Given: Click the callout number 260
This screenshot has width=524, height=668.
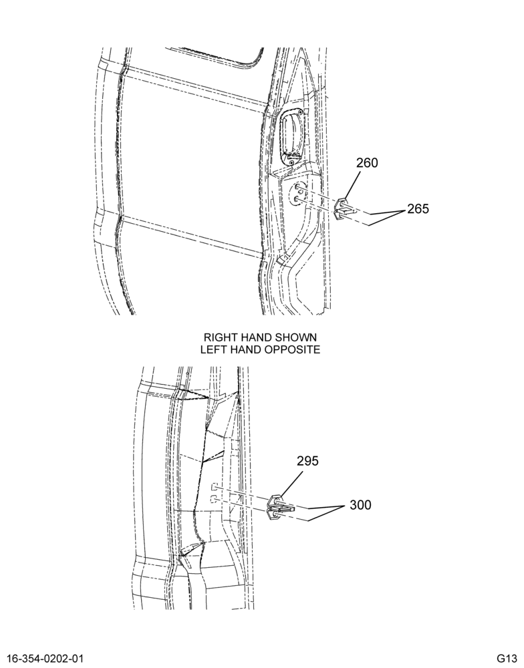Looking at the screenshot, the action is [x=367, y=163].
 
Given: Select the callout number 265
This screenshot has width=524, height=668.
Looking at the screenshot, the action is [x=418, y=209].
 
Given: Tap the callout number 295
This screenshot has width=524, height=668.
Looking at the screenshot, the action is [x=307, y=461].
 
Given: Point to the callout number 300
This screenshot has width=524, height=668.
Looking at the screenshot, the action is [x=360, y=505].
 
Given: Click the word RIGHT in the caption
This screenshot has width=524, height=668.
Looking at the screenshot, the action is [x=221, y=337].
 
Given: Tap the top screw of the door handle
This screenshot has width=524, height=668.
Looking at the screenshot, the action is [x=300, y=112].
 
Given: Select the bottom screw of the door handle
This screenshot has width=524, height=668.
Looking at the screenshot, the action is [x=291, y=163].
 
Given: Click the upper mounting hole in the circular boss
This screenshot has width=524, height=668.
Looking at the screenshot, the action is [x=297, y=188].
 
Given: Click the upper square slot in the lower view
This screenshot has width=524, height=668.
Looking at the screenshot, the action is [x=215, y=486].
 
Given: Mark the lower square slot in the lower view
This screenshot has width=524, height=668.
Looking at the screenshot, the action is [x=215, y=498].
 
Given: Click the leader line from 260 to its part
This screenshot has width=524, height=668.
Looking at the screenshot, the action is [x=353, y=184].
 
